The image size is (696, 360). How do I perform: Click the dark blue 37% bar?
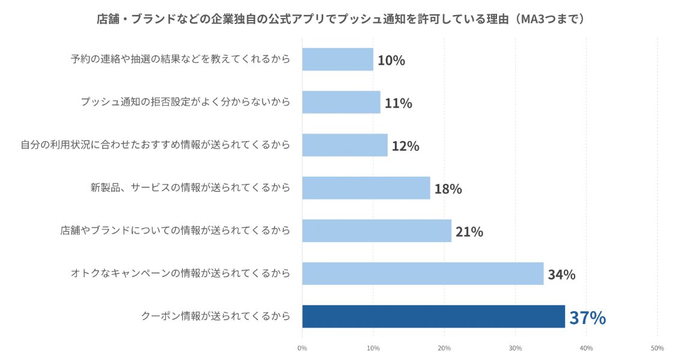pos(433,316)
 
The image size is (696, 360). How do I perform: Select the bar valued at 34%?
pos(423,273)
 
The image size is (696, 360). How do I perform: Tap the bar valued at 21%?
pos(376,231)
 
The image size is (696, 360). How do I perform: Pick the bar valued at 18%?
pos(366,188)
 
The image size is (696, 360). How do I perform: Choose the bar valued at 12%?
pos(344,145)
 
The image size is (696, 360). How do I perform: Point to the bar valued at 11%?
pos(341,102)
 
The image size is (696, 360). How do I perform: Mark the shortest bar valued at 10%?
pos(337,59)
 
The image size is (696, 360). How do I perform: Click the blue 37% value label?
pos(587,317)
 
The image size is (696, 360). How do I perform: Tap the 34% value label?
pos(561,275)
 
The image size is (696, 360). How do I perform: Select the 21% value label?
pos(469,231)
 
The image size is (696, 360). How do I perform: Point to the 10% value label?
pos(391,60)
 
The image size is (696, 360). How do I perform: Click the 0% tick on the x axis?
pos(302,348)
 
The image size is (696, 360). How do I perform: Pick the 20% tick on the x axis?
pos(444,348)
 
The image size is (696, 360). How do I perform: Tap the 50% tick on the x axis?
pos(657,348)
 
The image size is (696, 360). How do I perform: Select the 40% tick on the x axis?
pos(586,348)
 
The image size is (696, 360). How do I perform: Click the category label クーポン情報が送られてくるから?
pos(215,316)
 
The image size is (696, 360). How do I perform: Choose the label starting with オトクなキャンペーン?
pos(180,273)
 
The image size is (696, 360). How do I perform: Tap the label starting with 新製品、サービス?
pos(190,188)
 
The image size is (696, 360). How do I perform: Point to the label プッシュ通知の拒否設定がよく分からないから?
pos(185,102)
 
